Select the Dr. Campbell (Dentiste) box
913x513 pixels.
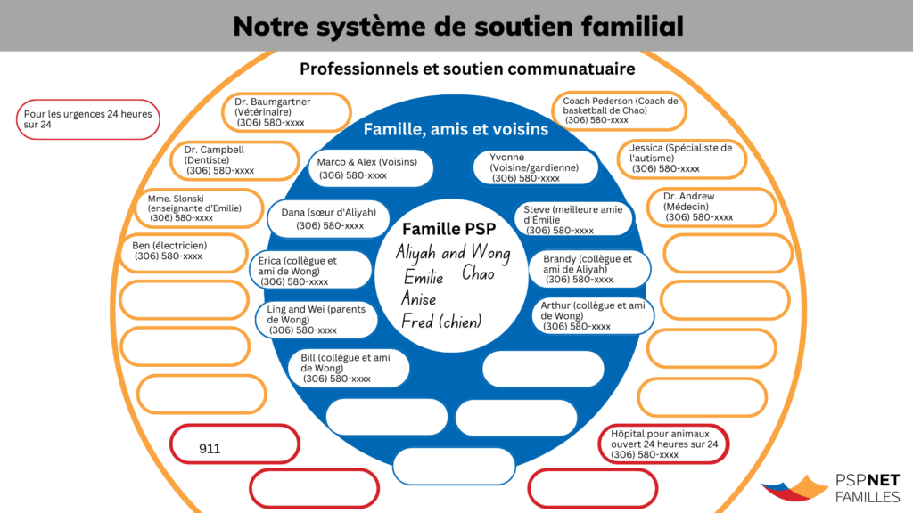pyautogui.click(x=235, y=160)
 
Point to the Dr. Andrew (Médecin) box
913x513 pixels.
pyautogui.click(x=717, y=207)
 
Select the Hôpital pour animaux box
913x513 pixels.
pyautogui.click(x=665, y=444)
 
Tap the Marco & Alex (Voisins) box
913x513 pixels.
pyautogui.click(x=371, y=168)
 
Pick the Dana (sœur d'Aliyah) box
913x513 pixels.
pyautogui.click(x=327, y=219)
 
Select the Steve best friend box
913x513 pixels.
pyautogui.click(x=573, y=219)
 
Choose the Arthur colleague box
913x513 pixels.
pyautogui.click(x=593, y=315)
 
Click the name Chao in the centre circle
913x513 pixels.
pyautogui.click(x=478, y=273)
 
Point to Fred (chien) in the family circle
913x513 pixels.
pyautogui.click(x=440, y=322)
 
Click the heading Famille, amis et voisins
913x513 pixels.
pyautogui.click(x=456, y=130)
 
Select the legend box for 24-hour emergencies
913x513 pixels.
pyautogui.click(x=88, y=119)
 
